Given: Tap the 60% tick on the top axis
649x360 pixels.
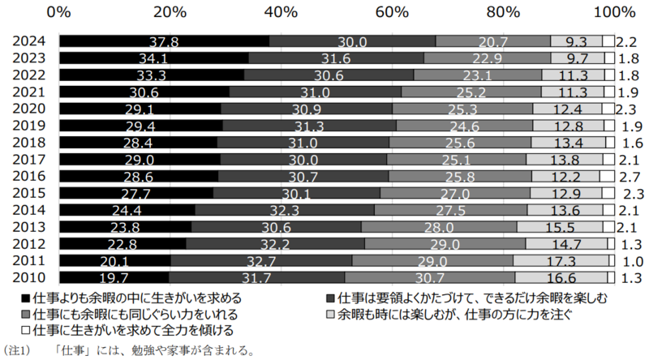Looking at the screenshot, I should pos(392,12).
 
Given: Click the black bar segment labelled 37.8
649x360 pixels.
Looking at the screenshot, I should pos(165,41).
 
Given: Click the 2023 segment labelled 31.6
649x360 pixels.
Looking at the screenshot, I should pos(336,58).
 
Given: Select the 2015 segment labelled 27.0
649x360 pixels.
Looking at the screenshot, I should pos(455,192).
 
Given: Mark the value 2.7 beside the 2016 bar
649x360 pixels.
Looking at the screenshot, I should pos(625,175).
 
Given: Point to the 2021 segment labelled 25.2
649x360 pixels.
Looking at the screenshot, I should pos(471,92).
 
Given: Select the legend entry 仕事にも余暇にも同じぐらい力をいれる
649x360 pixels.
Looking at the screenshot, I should pos(135,314).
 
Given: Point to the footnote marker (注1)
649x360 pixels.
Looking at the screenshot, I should pos(17,350).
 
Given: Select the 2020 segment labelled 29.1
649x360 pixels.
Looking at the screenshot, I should pos(140,109).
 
